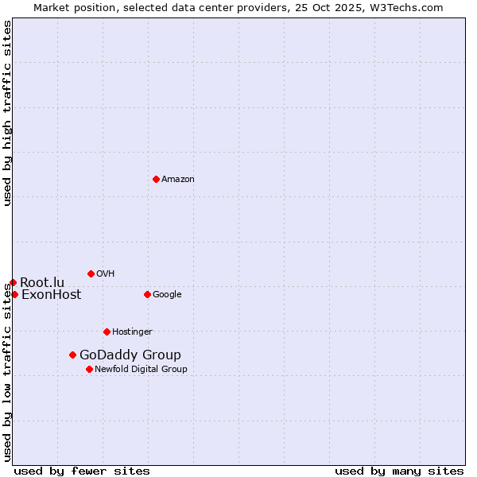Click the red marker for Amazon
156,179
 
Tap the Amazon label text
178,180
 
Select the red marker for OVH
91,273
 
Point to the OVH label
106,274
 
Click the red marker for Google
147,294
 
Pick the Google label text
167,295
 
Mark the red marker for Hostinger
107,332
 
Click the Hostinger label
132,332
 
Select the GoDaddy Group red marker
72,355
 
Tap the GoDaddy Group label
130,355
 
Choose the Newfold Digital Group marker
89,369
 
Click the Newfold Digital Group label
141,370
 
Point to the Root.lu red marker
13,282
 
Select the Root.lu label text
42,283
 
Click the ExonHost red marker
14,294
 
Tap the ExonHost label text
51,295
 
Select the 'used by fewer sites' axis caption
82,471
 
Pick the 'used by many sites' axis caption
399,471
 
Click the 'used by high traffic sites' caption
8,113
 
